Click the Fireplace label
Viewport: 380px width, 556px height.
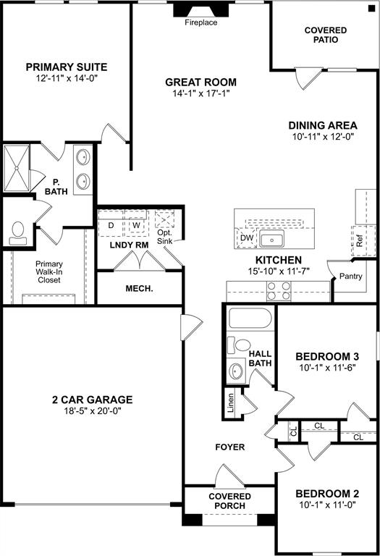[201, 22]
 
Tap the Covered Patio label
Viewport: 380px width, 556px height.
[325, 35]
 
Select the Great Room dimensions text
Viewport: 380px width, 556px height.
[200, 93]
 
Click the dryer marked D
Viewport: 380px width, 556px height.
[111, 225]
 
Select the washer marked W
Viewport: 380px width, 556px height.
[135, 225]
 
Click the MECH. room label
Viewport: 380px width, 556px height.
[139, 289]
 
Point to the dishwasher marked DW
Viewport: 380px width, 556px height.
[247, 237]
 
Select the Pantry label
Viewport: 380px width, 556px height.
[351, 276]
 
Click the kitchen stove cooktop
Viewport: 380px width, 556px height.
[279, 291]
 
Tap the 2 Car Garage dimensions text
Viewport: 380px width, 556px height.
[91, 410]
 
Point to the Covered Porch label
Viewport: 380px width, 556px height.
[230, 500]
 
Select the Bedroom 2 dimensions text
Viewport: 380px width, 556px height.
[326, 506]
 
